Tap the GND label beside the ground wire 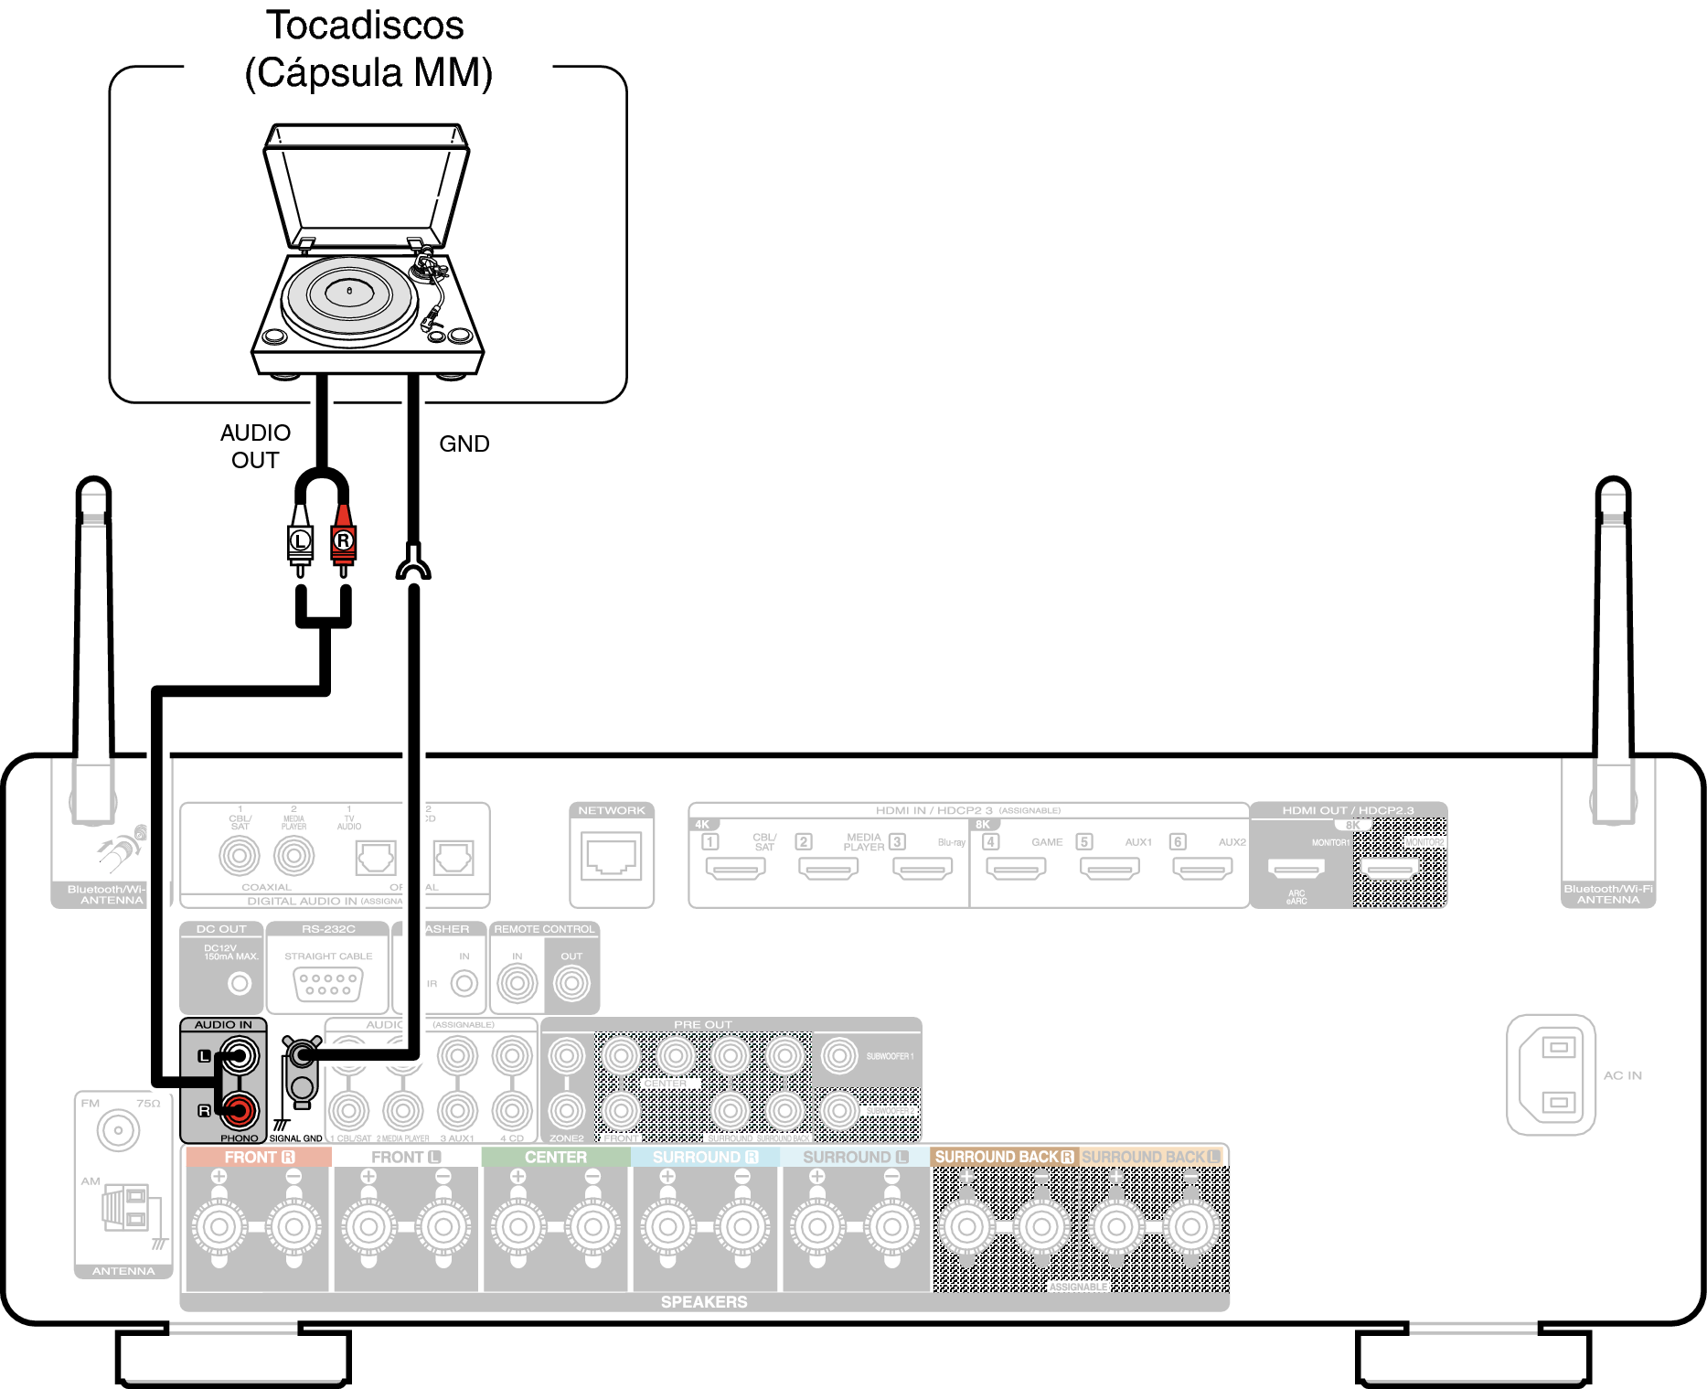pos(464,443)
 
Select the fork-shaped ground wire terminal pos(413,562)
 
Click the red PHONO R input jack pos(240,1110)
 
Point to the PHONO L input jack pos(240,1056)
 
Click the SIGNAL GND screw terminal pos(302,1061)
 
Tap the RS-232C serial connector pos(328,985)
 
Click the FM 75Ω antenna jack pos(118,1130)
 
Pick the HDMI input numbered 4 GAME pos(1015,867)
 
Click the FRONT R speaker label pos(259,1157)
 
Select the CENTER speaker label pos(556,1157)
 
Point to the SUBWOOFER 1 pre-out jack pos(838,1056)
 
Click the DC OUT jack pos(239,984)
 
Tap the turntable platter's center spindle pos(349,291)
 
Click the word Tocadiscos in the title pos(365,26)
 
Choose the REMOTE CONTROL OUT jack pos(571,984)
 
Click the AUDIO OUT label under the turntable pos(255,446)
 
